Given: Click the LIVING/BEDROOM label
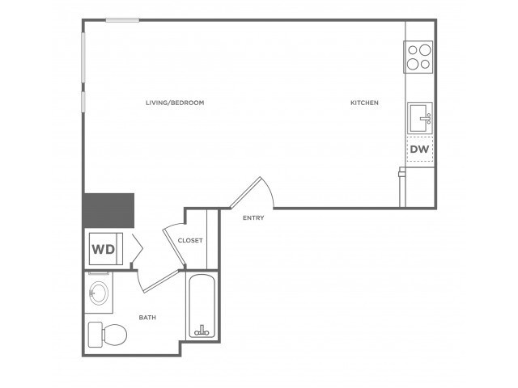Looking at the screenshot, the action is click(175, 103).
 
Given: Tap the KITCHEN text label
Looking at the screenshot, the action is click(364, 103).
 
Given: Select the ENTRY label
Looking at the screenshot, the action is click(253, 217).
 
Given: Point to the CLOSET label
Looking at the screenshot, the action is click(190, 240).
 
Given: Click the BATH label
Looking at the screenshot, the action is click(147, 318).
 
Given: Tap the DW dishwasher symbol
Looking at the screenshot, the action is click(419, 149).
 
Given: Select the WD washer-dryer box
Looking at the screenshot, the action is click(105, 249).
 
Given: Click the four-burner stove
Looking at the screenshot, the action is click(418, 57).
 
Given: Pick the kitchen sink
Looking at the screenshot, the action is click(420, 117).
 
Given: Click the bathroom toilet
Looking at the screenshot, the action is click(108, 334).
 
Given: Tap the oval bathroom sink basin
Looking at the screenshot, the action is click(99, 293).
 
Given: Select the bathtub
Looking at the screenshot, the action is click(202, 306).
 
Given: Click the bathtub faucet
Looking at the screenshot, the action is click(202, 331).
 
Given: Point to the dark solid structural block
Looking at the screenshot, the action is click(108, 210).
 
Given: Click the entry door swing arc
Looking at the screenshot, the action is click(270, 191).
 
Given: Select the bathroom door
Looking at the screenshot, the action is click(161, 281).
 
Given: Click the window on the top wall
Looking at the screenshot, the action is click(122, 20).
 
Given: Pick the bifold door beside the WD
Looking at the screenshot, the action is click(137, 248).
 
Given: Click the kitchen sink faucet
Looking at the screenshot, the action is click(427, 118).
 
